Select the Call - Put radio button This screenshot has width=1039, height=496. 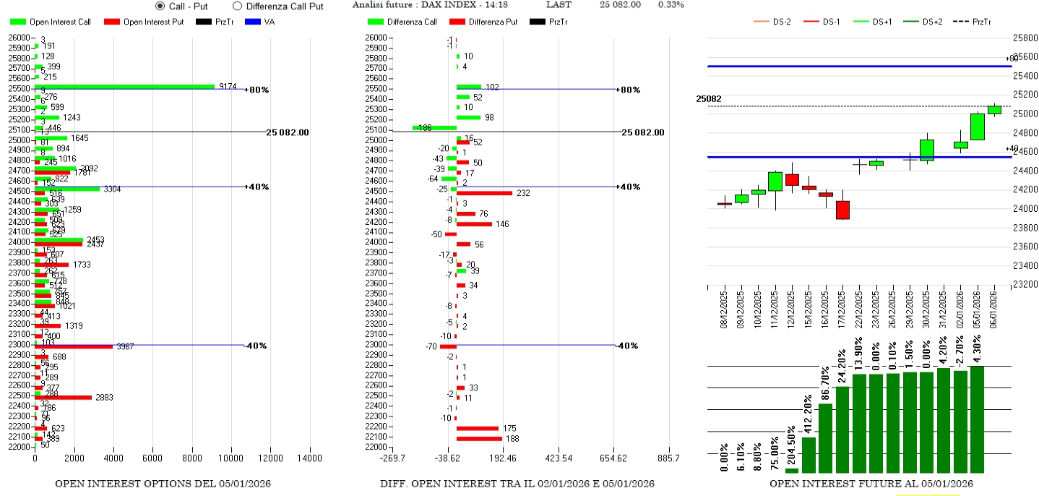coord(160,6)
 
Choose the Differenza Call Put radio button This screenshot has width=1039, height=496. coord(237,6)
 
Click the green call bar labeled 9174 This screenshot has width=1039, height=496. coord(124,87)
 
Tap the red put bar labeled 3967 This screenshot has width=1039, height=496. coord(74,347)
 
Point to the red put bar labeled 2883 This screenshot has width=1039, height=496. coord(63,398)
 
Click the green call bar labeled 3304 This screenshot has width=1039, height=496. coord(67,189)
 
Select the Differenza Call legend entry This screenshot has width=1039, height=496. coord(404,22)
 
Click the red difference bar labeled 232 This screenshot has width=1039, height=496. coord(484,193)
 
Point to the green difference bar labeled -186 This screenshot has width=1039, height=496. coord(434,128)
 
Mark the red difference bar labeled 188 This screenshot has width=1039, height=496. coord(479,439)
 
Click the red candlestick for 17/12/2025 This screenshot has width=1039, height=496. coord(842,210)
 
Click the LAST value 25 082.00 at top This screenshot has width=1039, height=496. coord(620,5)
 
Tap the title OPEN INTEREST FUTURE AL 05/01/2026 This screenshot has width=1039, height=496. coord(871,483)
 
